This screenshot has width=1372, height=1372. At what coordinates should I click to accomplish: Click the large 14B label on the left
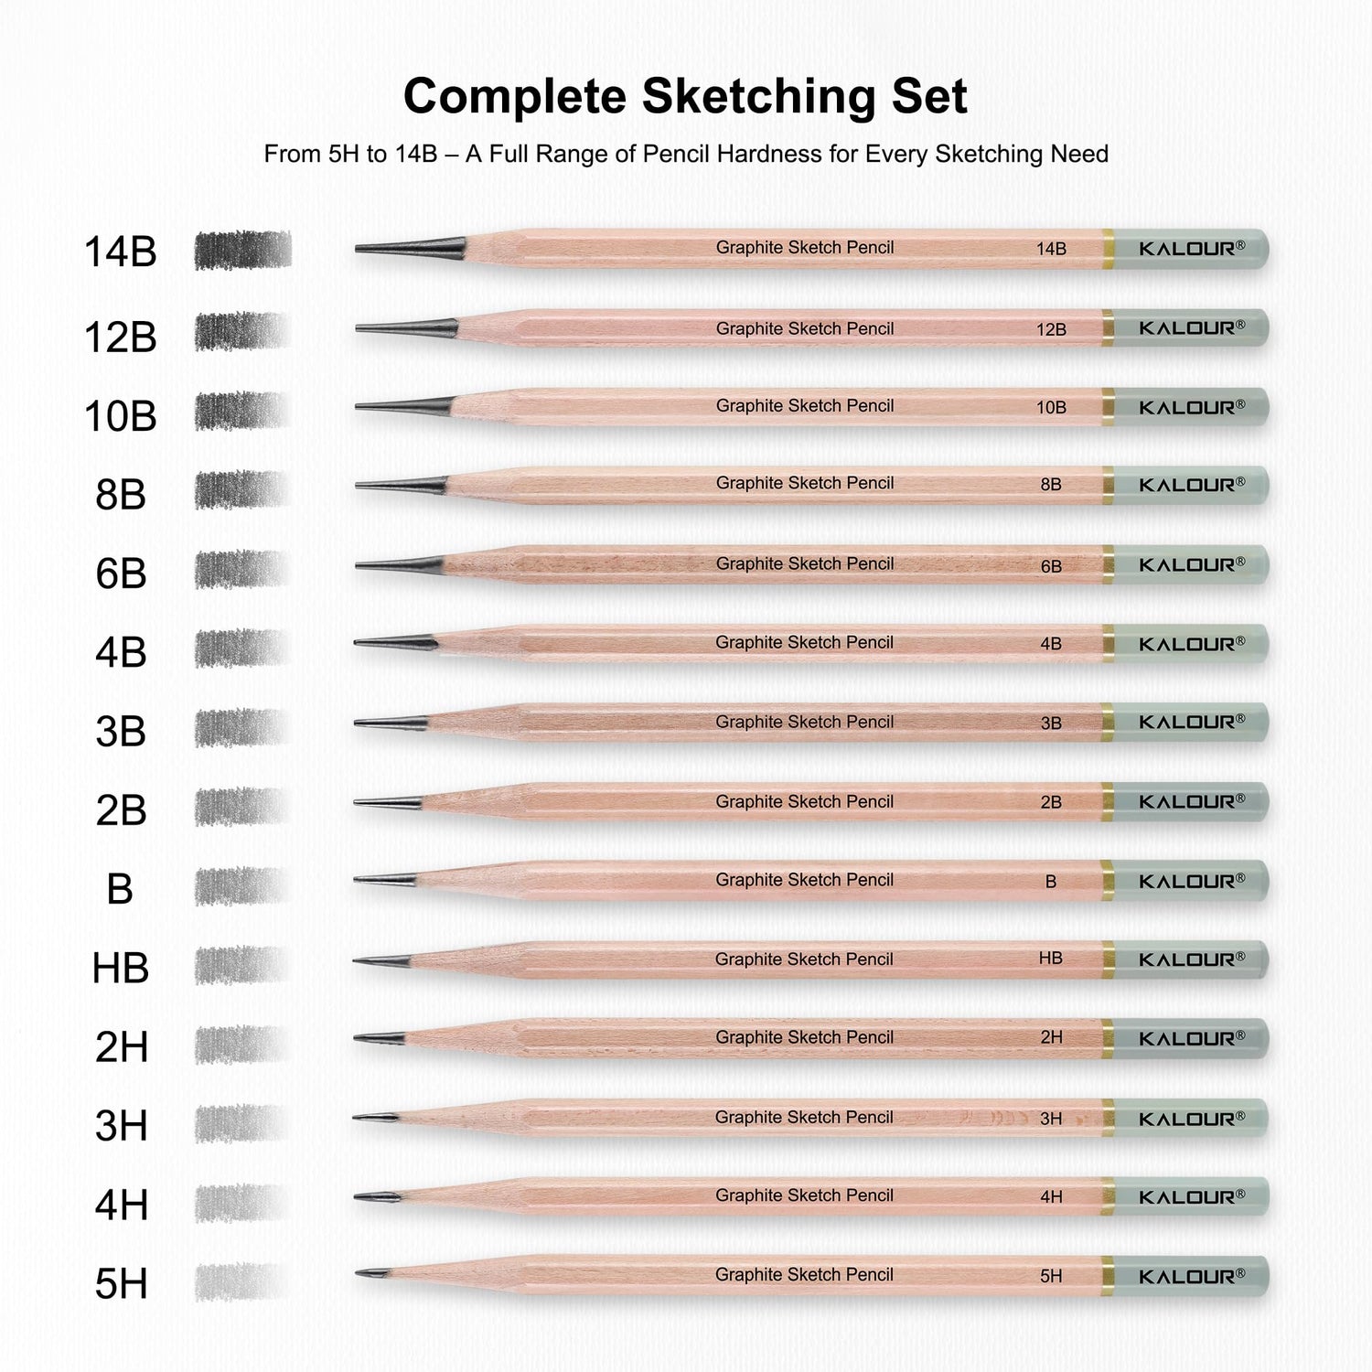point(121,252)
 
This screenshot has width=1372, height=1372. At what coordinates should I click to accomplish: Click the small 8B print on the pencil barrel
point(1051,485)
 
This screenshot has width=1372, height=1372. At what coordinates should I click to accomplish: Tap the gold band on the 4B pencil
point(1108,644)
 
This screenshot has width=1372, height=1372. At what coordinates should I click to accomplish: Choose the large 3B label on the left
point(121,732)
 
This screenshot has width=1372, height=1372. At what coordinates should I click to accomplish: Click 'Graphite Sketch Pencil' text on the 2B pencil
point(804,801)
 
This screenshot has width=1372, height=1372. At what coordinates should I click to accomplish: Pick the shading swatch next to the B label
point(241,885)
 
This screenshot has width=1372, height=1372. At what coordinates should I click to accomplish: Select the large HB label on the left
point(121,968)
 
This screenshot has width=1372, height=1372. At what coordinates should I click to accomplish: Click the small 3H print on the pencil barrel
point(1051,1119)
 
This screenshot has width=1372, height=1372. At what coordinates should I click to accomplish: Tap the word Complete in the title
point(515,96)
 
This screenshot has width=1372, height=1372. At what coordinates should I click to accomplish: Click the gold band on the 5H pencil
point(1108,1275)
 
